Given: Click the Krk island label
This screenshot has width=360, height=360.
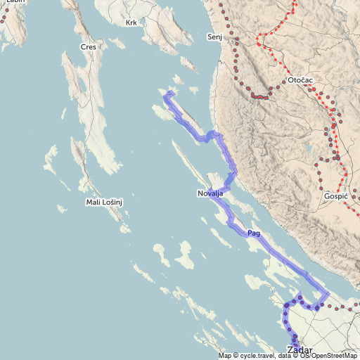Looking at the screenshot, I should click(x=131, y=23).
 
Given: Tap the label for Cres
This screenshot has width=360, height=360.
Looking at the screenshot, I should click(x=89, y=47).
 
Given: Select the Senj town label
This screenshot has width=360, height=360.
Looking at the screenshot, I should click(x=214, y=36).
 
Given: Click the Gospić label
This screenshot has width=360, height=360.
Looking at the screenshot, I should click(x=335, y=197).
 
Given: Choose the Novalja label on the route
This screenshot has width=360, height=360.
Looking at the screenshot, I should click(x=210, y=193).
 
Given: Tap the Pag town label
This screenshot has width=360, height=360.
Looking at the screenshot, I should click(x=254, y=233).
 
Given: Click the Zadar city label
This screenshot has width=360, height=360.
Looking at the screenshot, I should click(x=300, y=350).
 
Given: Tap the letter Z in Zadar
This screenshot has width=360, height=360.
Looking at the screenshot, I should click(x=290, y=350).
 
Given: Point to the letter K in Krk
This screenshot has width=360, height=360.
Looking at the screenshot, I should click(x=127, y=23).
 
